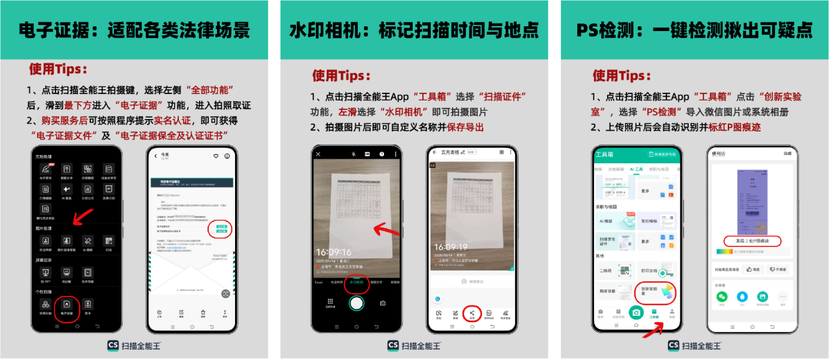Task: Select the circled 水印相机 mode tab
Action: click(356, 282)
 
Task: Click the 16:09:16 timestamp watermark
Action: click(334, 252)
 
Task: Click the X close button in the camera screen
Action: click(318, 154)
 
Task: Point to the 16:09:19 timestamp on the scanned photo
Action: click(451, 247)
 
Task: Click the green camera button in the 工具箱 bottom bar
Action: click(636, 312)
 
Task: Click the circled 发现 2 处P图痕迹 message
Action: click(753, 240)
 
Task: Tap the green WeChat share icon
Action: click(723, 297)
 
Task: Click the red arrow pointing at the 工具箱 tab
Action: click(656, 330)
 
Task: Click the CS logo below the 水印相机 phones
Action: click(393, 346)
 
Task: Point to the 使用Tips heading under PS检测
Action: click(621, 76)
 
